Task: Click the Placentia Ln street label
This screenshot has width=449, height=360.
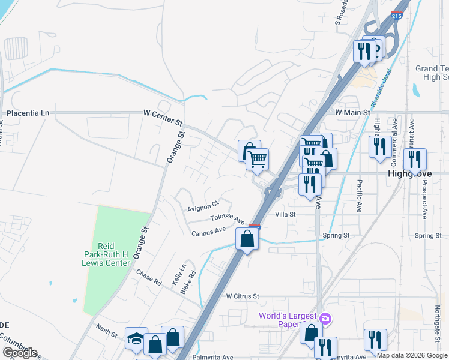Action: (x=28, y=113)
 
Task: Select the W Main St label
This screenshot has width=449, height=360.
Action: (x=350, y=112)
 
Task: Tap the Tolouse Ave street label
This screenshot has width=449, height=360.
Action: (x=228, y=218)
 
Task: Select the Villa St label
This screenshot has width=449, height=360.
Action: (x=285, y=214)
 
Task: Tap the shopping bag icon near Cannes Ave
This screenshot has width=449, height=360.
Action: (x=247, y=239)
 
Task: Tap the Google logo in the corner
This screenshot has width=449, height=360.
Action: (x=20, y=353)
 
